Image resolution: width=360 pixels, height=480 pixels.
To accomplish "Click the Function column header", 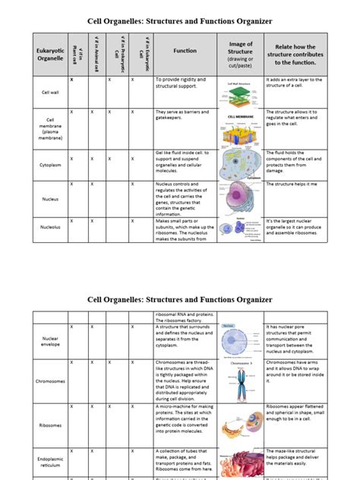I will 185,51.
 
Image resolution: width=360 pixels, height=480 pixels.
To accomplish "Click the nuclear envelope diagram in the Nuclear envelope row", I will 240,339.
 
